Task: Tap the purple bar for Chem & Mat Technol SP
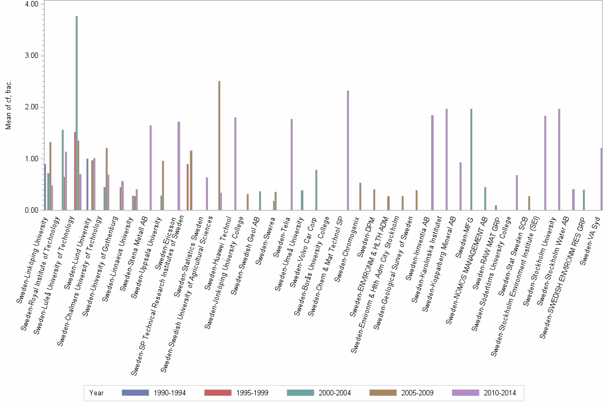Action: (x=347, y=151)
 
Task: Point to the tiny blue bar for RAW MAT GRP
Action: (x=496, y=208)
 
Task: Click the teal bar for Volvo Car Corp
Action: (x=316, y=190)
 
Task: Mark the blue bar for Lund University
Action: (x=87, y=185)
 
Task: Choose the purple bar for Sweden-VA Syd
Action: (x=602, y=179)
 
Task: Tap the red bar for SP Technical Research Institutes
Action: (x=187, y=187)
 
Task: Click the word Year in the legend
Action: (x=97, y=393)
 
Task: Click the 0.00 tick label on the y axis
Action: (x=31, y=211)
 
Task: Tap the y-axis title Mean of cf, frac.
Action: (x=8, y=106)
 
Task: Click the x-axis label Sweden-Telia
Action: (x=282, y=230)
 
